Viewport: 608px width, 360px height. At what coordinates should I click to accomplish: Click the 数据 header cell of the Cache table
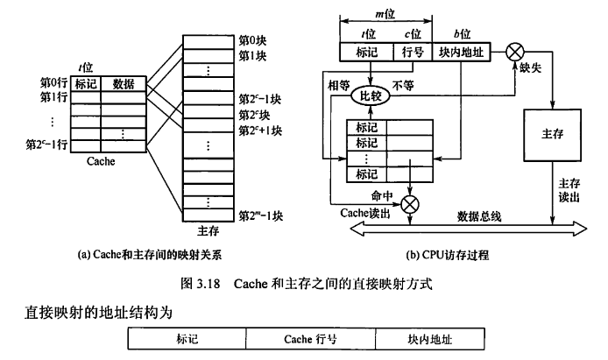pyautogui.click(x=124, y=84)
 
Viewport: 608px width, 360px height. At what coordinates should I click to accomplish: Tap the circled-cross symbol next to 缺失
pyautogui.click(x=516, y=52)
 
